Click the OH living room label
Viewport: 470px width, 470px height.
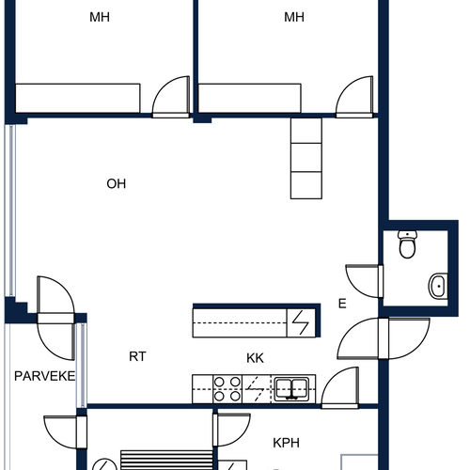pyautogui.click(x=117, y=184)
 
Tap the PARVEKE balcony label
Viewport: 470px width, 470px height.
pyautogui.click(x=45, y=376)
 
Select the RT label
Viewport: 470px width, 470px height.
pyautogui.click(x=137, y=356)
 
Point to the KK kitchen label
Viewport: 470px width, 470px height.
pyautogui.click(x=255, y=358)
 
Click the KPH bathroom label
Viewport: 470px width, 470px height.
pyautogui.click(x=286, y=443)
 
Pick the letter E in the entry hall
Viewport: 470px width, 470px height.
pyautogui.click(x=342, y=304)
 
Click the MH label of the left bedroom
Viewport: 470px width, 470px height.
pyautogui.click(x=100, y=17)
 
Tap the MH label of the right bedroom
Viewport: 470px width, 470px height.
pyautogui.click(x=294, y=17)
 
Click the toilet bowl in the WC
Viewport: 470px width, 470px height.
pyautogui.click(x=407, y=244)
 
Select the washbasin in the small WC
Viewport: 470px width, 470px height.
pyautogui.click(x=438, y=286)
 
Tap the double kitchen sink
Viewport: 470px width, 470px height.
pyautogui.click(x=291, y=389)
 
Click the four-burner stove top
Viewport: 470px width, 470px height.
pyautogui.click(x=227, y=389)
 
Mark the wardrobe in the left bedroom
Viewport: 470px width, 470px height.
pyautogui.click(x=78, y=98)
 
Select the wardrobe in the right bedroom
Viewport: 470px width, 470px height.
pyautogui.click(x=250, y=98)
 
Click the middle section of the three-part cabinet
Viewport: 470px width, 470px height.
pyautogui.click(x=306, y=157)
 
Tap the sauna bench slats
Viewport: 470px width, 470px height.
pyautogui.click(x=166, y=460)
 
